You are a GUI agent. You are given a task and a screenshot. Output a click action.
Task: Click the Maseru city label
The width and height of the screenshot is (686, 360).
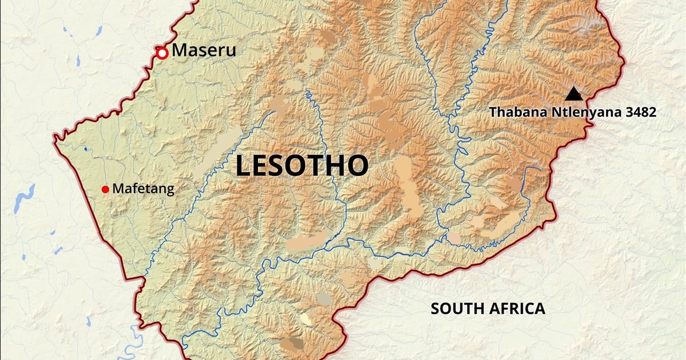pyautogui.click(x=204, y=51)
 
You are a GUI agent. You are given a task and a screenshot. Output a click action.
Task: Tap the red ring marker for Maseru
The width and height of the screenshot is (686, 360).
pyautogui.click(x=162, y=53)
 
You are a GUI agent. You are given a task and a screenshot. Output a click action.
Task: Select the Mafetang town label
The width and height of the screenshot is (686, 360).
pyautogui.click(x=143, y=189)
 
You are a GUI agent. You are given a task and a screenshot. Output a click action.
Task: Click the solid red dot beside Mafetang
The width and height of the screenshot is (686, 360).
pyautogui.click(x=105, y=189)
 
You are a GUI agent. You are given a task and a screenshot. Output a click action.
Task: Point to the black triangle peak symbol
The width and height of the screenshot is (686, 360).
pyautogui.click(x=573, y=94)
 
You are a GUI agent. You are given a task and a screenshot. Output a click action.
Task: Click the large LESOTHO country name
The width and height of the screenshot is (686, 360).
pyautogui.click(x=302, y=166)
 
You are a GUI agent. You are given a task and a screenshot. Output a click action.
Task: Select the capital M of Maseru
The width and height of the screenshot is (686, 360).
pyautogui.click(x=179, y=51)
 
